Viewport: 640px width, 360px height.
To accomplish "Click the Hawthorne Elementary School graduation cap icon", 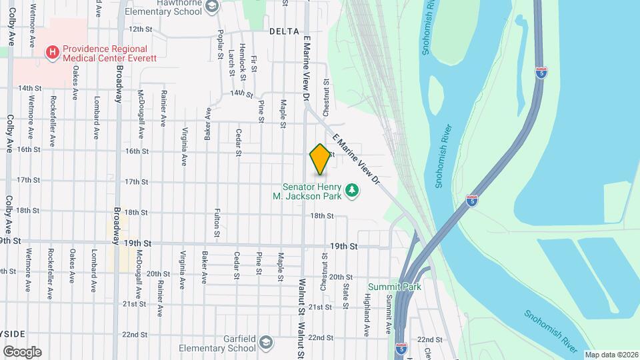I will [x=212, y=7].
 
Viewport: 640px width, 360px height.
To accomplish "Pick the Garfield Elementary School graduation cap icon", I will [x=266, y=341].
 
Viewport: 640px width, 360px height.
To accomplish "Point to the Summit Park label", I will [x=394, y=287].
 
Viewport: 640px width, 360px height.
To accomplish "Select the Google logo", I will [x=22, y=351].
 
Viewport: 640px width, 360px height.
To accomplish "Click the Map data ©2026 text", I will [x=611, y=355].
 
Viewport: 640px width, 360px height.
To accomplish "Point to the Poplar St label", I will [x=219, y=45].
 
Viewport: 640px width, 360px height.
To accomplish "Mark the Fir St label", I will [x=255, y=65].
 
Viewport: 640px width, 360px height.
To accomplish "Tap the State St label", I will [x=346, y=296].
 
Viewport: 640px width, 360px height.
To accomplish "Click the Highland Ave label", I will [x=366, y=316].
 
